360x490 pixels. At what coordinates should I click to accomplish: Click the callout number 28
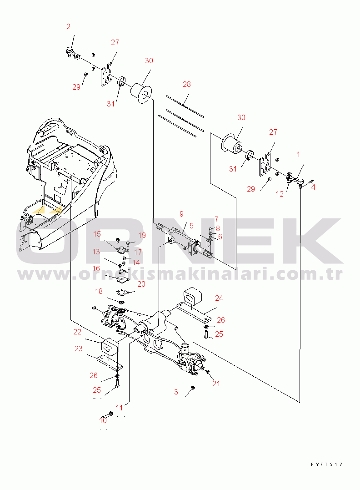(187, 85)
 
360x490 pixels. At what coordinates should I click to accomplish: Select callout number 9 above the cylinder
(181, 213)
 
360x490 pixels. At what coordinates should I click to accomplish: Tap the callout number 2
(69, 27)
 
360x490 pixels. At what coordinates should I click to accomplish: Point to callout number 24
(219, 298)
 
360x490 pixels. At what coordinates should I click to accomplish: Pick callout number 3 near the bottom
(176, 392)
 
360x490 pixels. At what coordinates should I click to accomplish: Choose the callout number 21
(216, 384)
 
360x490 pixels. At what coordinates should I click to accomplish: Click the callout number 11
(120, 407)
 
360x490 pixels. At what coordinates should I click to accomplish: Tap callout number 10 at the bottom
(103, 420)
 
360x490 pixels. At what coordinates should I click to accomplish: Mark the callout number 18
(99, 291)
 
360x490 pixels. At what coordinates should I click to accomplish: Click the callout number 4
(313, 187)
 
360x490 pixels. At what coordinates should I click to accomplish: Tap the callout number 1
(298, 155)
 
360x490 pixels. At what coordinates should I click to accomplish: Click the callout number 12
(280, 194)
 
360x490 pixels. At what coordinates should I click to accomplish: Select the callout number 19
(142, 235)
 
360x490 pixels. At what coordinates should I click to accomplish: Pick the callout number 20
(141, 284)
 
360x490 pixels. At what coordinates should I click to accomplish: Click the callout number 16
(96, 268)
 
